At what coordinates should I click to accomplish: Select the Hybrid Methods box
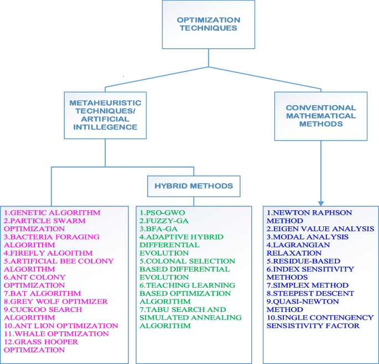click(194, 186)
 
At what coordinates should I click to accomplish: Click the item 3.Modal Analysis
click(308, 237)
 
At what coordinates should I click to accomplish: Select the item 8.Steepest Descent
click(310, 293)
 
